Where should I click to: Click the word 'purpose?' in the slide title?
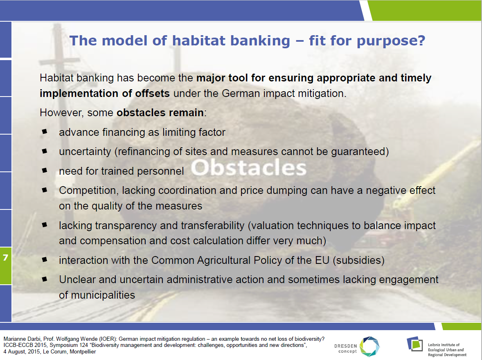(391, 41)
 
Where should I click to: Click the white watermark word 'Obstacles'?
(249, 168)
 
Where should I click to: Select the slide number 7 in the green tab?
(6, 257)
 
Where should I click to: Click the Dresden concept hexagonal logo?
(369, 346)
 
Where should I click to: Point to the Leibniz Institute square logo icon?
(415, 344)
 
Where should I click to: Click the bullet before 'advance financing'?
(45, 132)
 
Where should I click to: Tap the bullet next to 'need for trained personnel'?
(45, 170)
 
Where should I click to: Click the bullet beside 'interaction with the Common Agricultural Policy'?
(45, 259)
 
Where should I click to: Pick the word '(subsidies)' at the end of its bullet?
(359, 261)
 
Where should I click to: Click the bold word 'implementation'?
(79, 93)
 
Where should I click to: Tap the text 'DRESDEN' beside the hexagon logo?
(345, 346)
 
